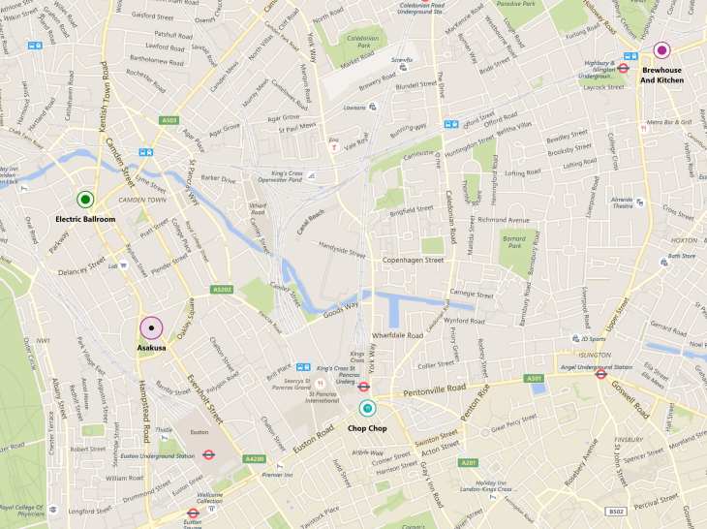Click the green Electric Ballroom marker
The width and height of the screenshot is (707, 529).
pyautogui.click(x=85, y=200)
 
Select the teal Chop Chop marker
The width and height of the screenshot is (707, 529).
pyautogui.click(x=367, y=408)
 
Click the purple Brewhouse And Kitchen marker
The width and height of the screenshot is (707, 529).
pyautogui.click(x=662, y=50)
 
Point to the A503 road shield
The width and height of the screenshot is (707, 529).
pyautogui.click(x=170, y=120)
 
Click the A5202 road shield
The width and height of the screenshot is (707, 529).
pyautogui.click(x=223, y=289)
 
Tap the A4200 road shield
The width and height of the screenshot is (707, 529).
pyautogui.click(x=254, y=458)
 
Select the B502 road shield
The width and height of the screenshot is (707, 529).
pyautogui.click(x=616, y=511)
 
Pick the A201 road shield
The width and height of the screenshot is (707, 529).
pyautogui.click(x=470, y=462)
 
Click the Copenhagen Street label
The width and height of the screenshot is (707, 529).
pyautogui.click(x=412, y=261)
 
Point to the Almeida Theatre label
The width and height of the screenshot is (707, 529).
pyautogui.click(x=624, y=202)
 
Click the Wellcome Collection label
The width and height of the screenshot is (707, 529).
pyautogui.click(x=210, y=497)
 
